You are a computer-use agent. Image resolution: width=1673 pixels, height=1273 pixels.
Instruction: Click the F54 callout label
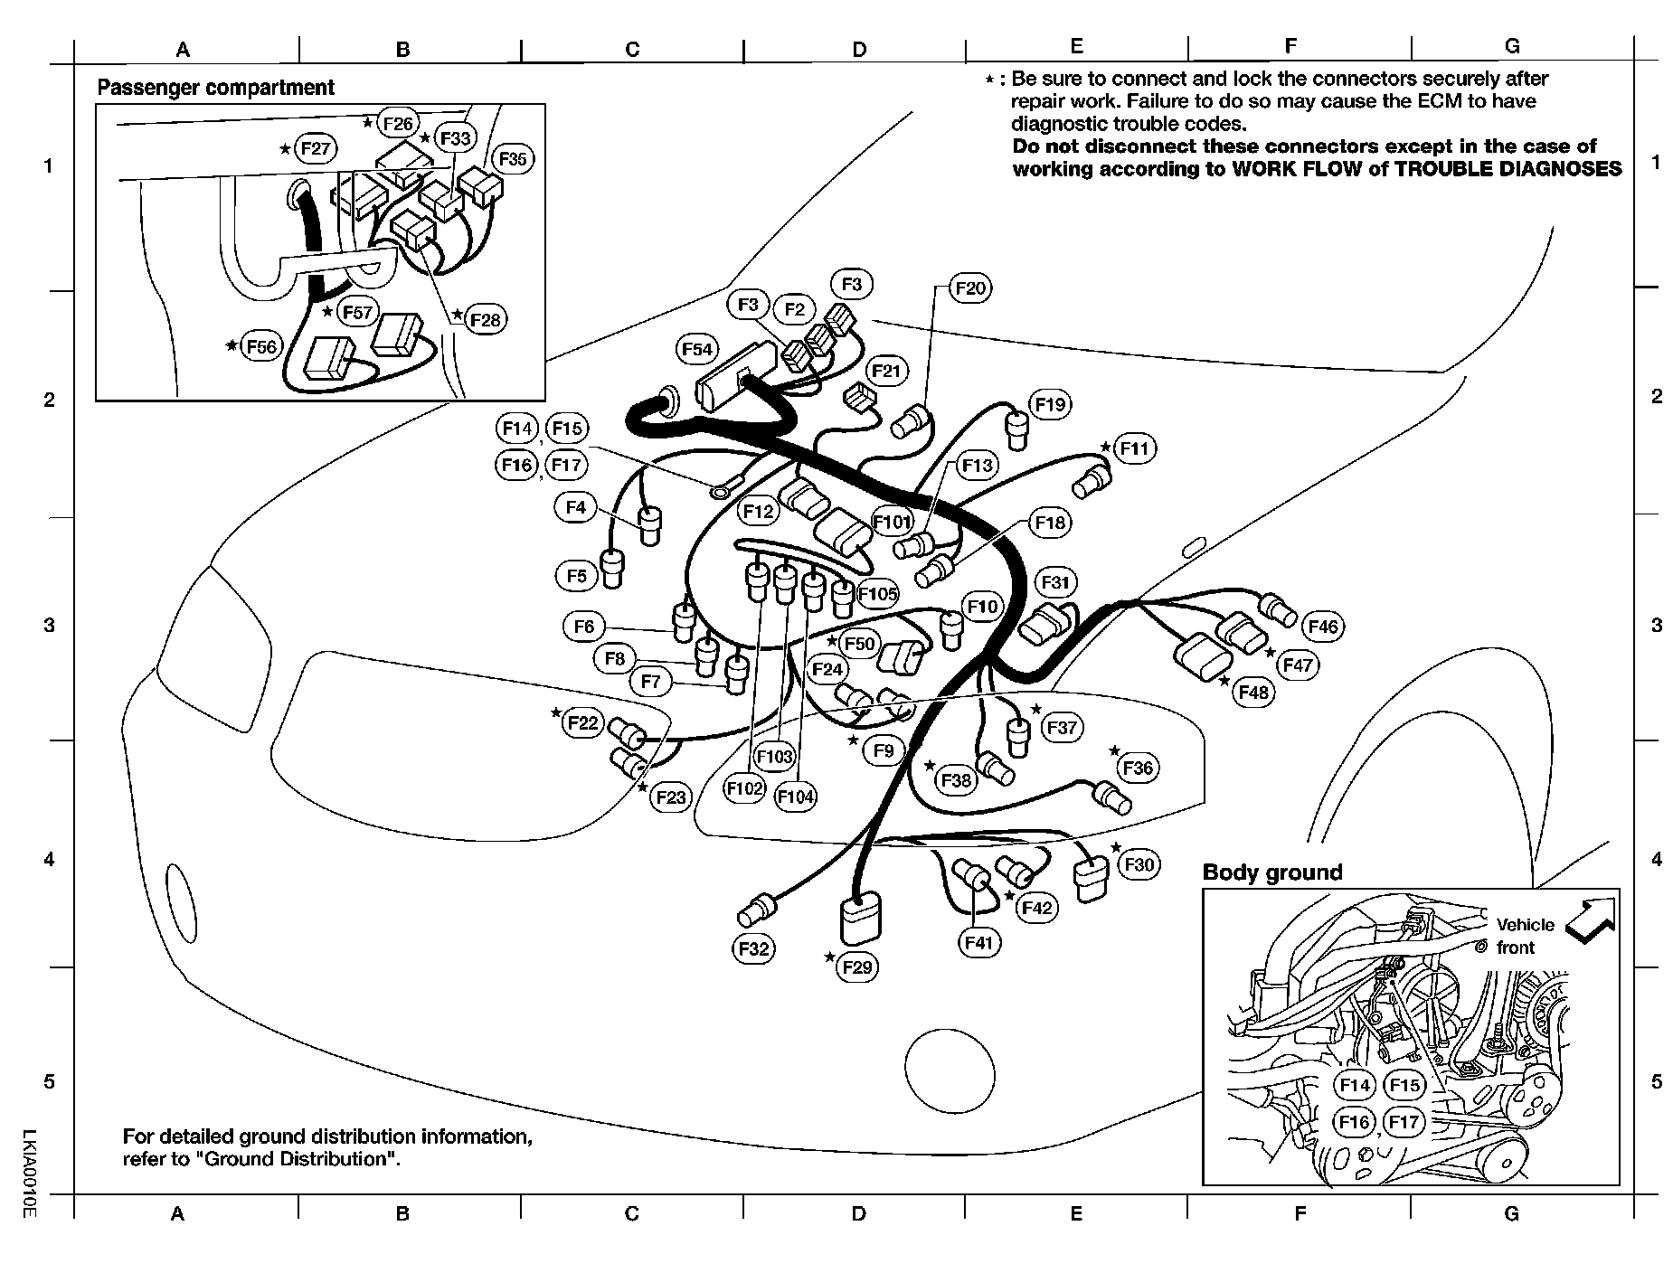click(696, 349)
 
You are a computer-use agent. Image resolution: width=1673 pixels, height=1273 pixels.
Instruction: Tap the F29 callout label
click(856, 967)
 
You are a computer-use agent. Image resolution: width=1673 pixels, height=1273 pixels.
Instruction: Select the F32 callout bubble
click(753, 948)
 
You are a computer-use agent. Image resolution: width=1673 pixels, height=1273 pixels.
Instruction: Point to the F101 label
click(892, 522)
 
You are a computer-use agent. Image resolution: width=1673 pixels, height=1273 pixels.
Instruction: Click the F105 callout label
click(877, 594)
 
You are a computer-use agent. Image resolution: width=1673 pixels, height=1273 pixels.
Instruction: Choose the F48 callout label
click(1253, 692)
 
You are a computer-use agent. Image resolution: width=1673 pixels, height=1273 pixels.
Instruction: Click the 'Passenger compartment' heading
click(215, 88)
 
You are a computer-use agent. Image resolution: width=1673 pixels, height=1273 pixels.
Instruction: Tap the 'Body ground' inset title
click(1271, 872)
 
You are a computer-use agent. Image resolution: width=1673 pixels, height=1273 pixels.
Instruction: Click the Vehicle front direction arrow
click(1591, 919)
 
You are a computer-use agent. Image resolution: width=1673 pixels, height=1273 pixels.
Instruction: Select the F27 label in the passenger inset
click(315, 148)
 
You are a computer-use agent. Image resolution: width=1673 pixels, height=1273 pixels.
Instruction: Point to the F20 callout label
click(970, 288)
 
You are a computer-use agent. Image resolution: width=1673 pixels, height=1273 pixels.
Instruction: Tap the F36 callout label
click(1138, 768)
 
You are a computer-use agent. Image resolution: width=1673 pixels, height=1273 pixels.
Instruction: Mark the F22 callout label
click(582, 723)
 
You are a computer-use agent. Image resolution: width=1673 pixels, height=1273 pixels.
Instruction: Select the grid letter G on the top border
click(1512, 47)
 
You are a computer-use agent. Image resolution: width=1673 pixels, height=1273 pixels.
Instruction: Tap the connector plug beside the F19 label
click(1018, 428)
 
